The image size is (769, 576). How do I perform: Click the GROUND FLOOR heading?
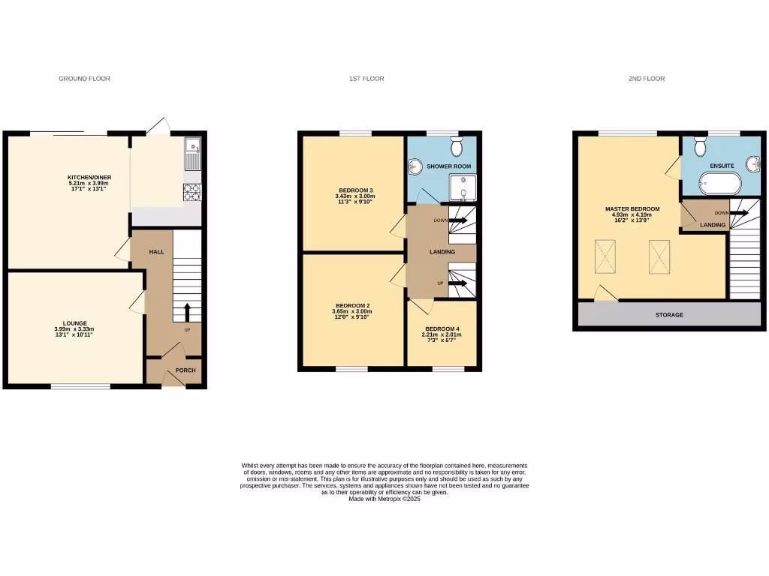click(x=84, y=79)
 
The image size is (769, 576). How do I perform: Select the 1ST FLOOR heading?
click(x=366, y=79)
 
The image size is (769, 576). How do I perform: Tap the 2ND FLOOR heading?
click(x=647, y=79)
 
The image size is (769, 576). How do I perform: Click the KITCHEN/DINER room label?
click(x=89, y=178)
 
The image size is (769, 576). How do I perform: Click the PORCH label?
click(x=185, y=370)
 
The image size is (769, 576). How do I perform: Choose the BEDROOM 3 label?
click(x=352, y=190)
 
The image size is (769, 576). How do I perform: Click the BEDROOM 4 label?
click(x=442, y=329)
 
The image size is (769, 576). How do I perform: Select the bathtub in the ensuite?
click(x=719, y=183)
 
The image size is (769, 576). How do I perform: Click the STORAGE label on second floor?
click(x=668, y=315)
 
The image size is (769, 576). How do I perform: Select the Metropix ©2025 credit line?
click(x=384, y=499)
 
